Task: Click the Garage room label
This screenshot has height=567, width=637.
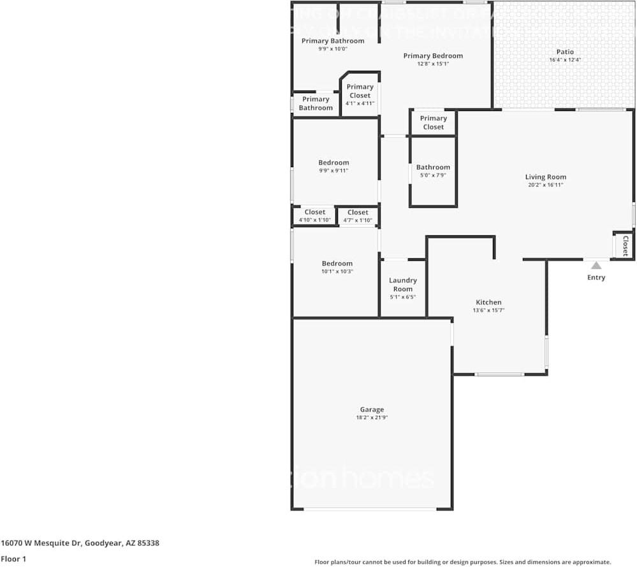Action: tap(372, 409)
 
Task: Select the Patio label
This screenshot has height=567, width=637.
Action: tap(565, 52)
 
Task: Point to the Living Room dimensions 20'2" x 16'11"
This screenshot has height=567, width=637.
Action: tap(545, 185)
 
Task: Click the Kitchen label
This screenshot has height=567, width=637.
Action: tap(488, 302)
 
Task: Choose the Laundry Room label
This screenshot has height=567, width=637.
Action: tap(402, 284)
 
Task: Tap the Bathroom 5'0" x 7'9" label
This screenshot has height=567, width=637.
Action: tap(433, 167)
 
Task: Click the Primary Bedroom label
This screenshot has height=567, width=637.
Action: tap(433, 55)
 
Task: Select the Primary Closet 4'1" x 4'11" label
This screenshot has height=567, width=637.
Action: tap(360, 91)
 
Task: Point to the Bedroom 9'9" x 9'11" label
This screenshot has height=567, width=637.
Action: tap(333, 163)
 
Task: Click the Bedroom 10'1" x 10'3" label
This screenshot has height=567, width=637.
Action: tap(337, 263)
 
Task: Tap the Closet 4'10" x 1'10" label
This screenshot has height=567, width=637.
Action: tap(314, 212)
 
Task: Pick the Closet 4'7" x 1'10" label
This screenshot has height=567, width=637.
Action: tap(358, 212)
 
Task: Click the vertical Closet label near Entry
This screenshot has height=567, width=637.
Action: tap(626, 246)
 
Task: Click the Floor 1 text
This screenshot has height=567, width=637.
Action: tap(13, 558)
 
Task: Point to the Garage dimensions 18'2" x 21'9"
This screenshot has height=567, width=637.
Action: tap(372, 418)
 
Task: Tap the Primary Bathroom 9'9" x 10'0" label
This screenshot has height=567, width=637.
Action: tap(333, 41)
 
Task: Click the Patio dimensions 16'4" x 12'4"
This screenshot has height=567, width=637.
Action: tap(565, 60)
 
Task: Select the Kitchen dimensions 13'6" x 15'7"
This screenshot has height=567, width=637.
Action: tap(488, 311)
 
